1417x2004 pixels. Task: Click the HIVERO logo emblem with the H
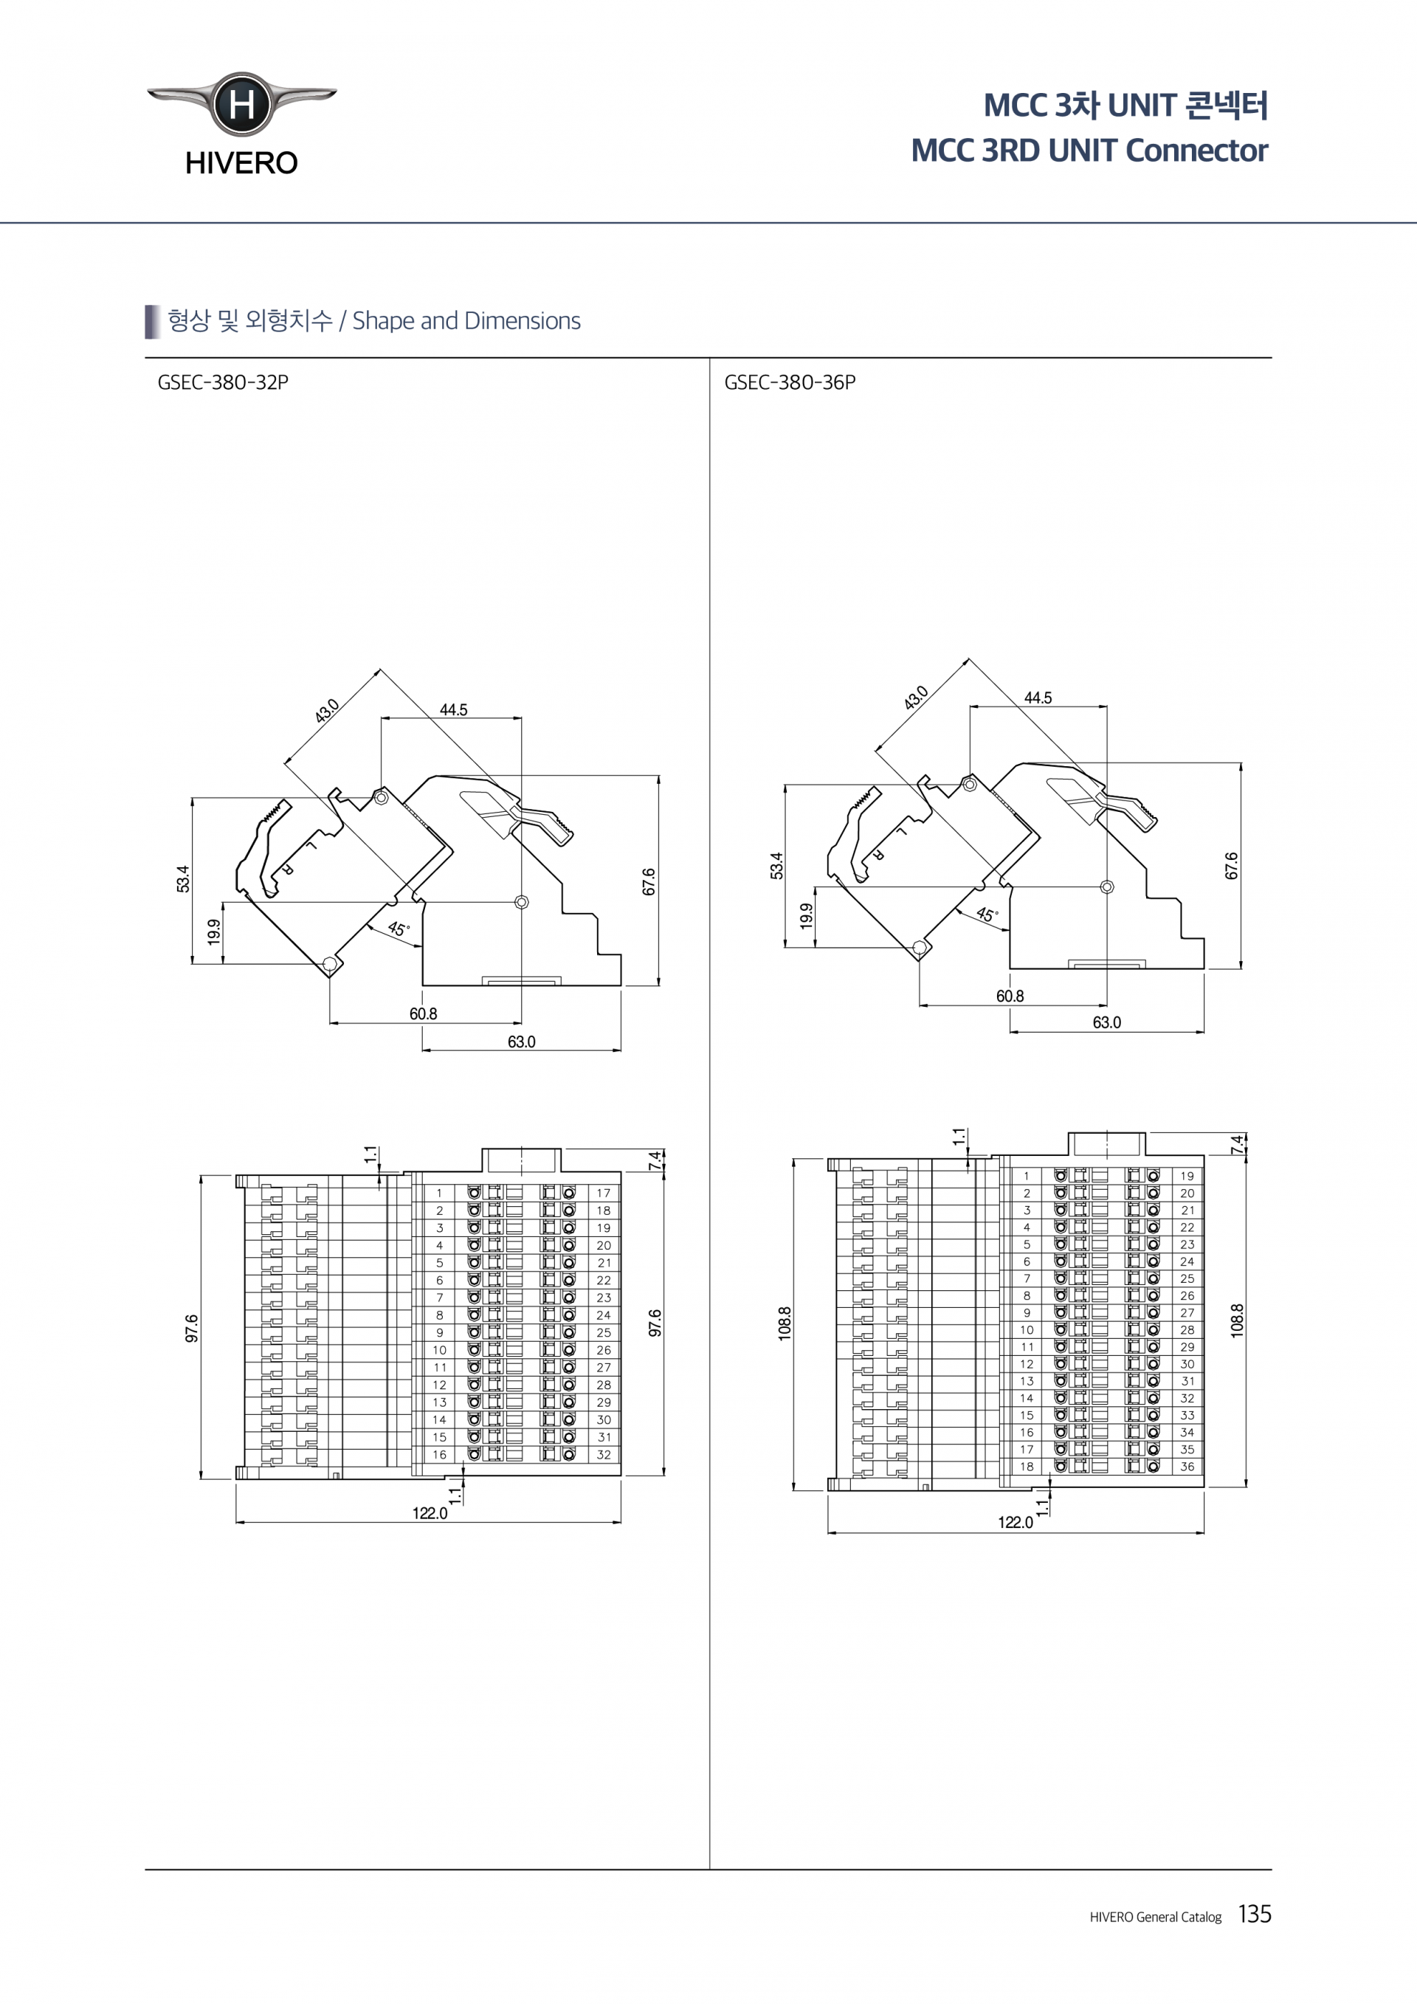pos(241,105)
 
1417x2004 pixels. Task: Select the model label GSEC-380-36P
pos(790,382)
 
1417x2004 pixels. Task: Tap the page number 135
pos(1255,1914)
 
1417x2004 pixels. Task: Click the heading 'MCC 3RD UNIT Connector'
pos(1089,150)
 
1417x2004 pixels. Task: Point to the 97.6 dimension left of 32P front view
pos(192,1328)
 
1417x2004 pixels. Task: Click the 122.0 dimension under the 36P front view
pos(1015,1522)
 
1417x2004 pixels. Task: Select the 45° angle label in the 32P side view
pos(398,929)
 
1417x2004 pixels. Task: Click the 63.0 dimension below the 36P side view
pos(1106,1022)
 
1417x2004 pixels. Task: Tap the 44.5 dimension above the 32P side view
pos(453,709)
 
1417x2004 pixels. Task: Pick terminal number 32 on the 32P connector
pos(604,1454)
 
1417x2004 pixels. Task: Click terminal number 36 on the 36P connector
pos(1187,1467)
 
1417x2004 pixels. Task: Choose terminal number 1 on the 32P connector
pos(440,1192)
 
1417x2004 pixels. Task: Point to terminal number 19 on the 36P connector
pos(1187,1176)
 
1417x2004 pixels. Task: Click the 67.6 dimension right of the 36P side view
pos(1231,866)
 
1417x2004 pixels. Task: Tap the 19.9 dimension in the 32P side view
pos(214,932)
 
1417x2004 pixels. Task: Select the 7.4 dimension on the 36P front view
pos(1235,1144)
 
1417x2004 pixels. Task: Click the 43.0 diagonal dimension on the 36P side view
pos(915,698)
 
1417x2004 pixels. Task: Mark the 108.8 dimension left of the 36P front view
pos(785,1323)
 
